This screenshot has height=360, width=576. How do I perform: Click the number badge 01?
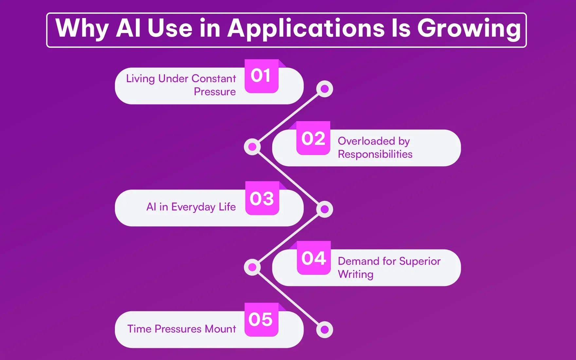[261, 76]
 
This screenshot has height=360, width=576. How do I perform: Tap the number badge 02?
[313, 138]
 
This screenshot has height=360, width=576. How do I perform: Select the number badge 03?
[262, 198]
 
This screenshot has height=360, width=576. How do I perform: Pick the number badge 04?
[314, 258]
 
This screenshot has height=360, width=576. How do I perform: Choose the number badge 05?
[261, 319]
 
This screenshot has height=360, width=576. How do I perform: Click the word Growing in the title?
[469, 29]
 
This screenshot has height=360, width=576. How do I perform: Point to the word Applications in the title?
[306, 29]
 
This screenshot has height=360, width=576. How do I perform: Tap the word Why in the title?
[82, 29]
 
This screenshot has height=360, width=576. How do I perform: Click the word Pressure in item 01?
[215, 92]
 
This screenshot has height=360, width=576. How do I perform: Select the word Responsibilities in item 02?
[375, 154]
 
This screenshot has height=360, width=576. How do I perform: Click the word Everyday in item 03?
[193, 207]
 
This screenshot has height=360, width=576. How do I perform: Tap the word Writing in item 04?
[355, 274]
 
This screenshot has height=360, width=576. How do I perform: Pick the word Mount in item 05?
[221, 329]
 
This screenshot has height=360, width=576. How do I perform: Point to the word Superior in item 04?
[420, 261]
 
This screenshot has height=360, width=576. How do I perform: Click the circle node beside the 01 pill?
[325, 89]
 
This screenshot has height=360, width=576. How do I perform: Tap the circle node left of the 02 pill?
[252, 147]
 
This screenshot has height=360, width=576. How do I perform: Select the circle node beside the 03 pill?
[325, 209]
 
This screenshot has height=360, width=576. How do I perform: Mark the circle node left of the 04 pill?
[252, 267]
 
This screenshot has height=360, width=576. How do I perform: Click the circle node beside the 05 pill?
[325, 330]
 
